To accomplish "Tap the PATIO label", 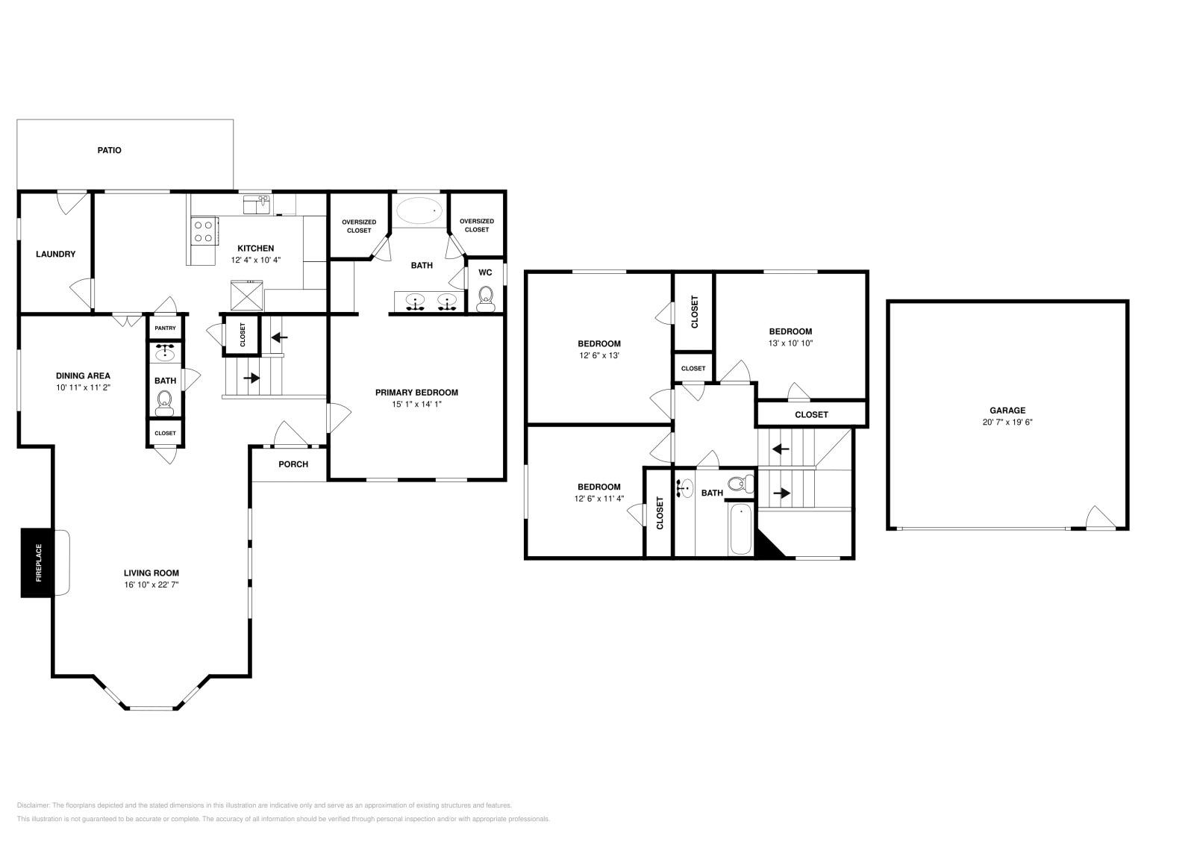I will tap(109, 150).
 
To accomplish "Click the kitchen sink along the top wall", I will tap(256, 203).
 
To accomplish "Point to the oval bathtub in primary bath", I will tap(419, 210).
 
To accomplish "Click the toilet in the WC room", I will tap(485, 299).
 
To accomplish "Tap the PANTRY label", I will tap(165, 328).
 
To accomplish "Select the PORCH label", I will tap(293, 464).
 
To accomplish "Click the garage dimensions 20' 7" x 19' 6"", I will tap(1007, 422).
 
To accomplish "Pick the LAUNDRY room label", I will tap(56, 254).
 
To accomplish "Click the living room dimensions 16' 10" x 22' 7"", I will tap(151, 585).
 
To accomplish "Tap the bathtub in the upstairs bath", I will tap(740, 528).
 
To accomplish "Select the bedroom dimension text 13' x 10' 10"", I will tap(790, 343).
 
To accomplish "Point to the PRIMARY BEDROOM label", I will tap(416, 393).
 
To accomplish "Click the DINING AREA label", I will tap(83, 375).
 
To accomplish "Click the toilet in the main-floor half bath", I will tap(165, 405).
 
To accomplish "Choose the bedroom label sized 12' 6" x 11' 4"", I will tap(598, 487).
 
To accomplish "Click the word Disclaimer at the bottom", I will tap(32, 805).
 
